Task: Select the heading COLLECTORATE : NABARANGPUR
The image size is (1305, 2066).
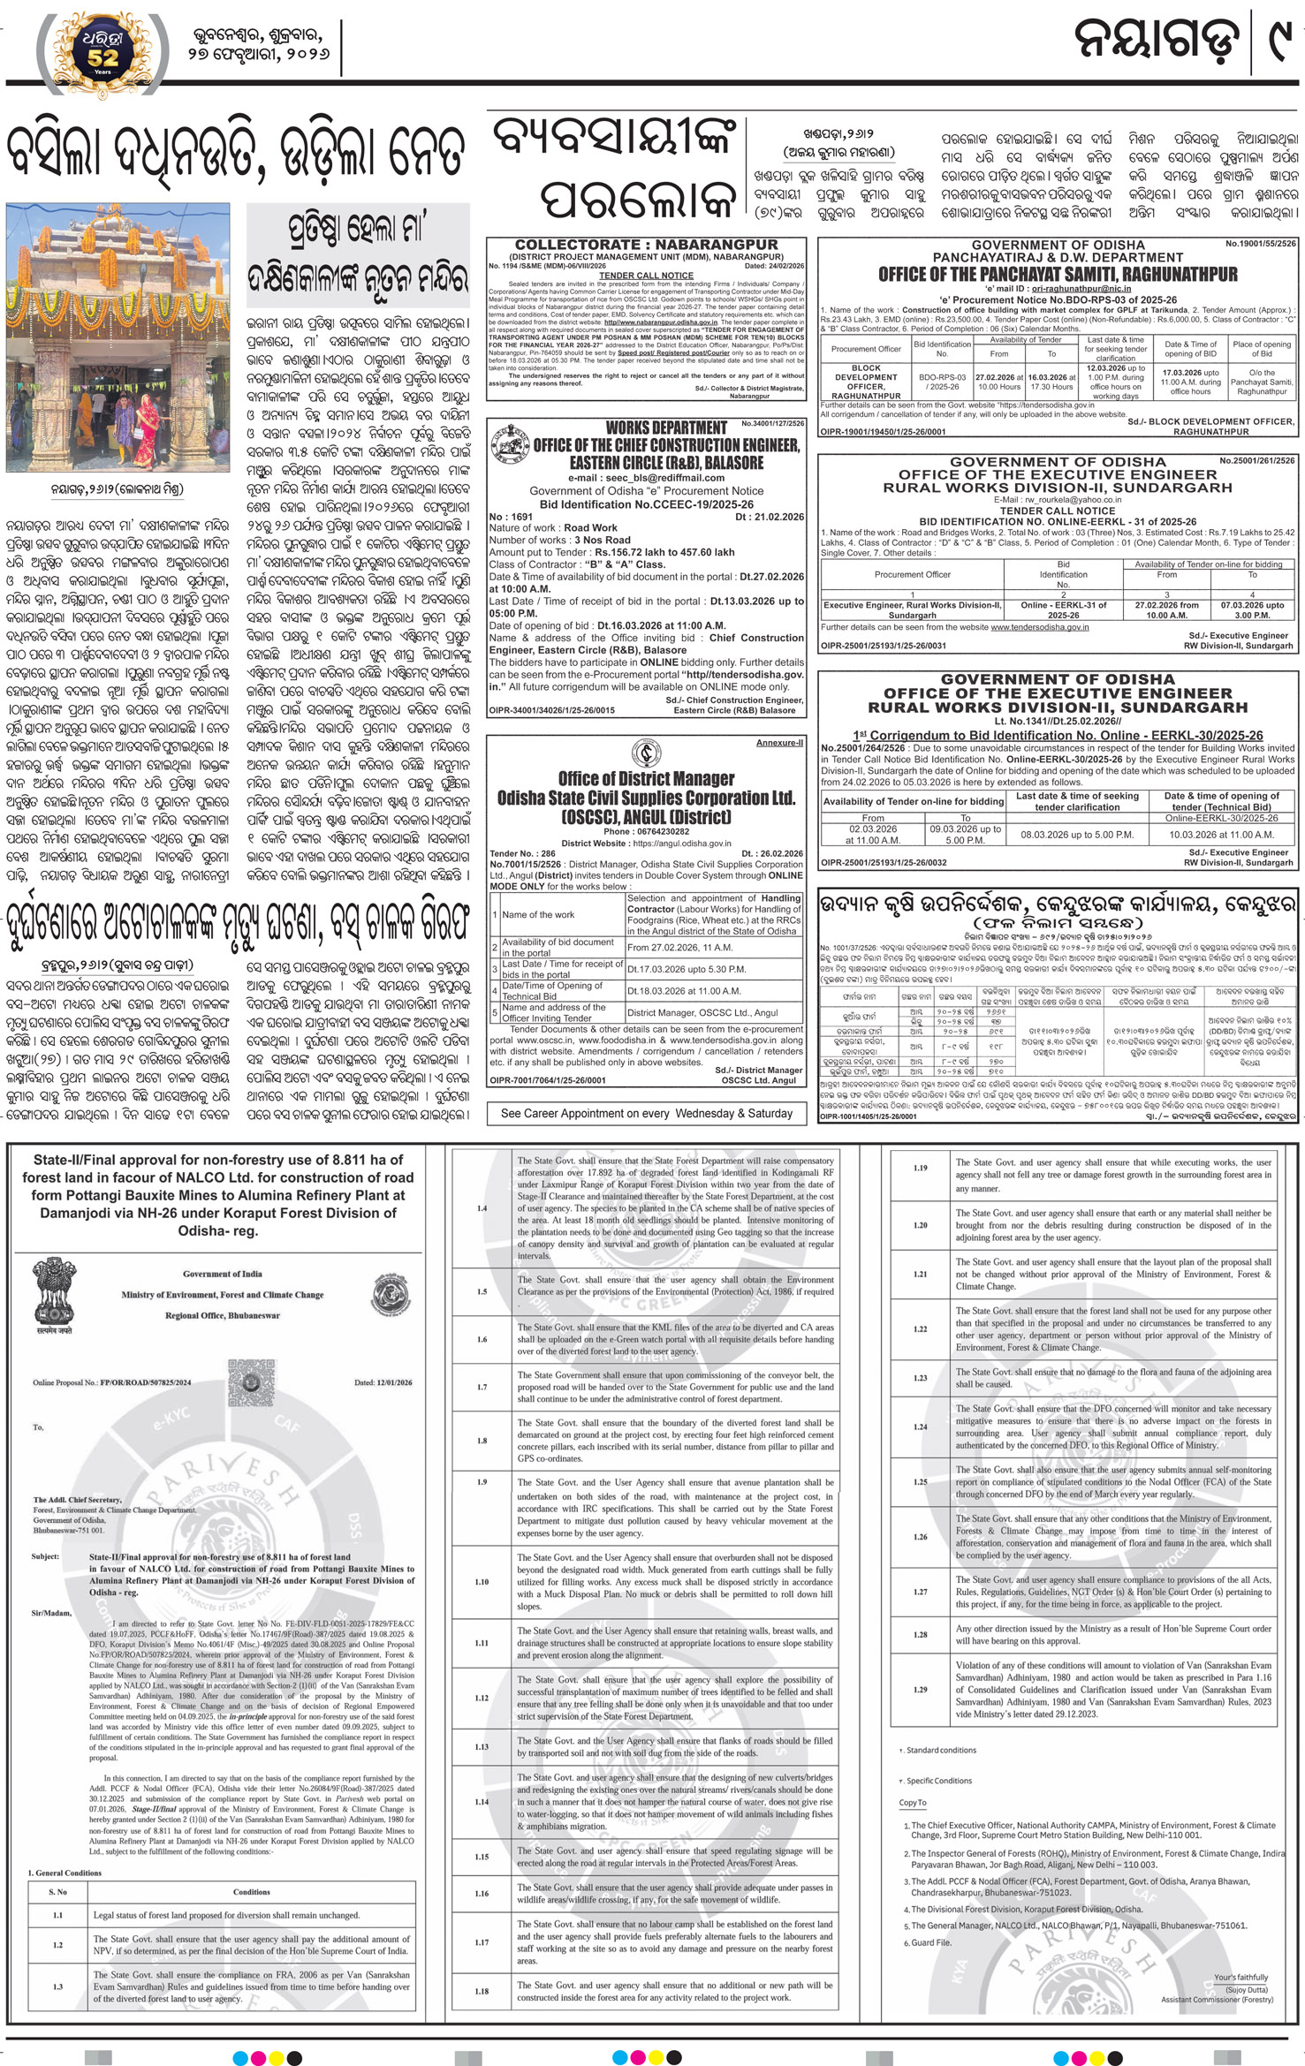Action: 646,244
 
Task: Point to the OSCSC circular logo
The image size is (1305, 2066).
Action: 646,752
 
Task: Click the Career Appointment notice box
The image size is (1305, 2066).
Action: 646,1113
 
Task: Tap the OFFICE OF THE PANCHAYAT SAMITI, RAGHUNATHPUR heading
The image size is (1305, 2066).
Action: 1058,275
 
